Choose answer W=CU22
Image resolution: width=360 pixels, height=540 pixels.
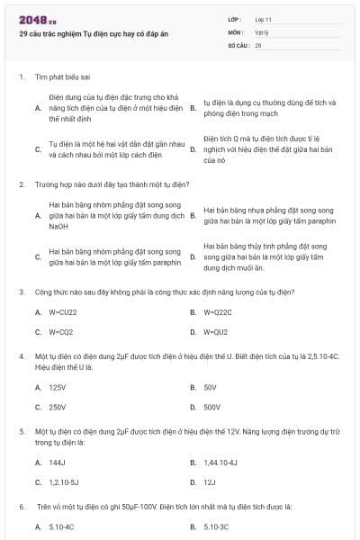[63, 311]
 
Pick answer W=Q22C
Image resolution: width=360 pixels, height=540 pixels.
[219, 311]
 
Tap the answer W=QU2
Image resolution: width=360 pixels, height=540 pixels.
[217, 331]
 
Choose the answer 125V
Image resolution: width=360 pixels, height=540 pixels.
[58, 387]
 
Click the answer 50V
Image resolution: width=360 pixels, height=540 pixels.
[211, 387]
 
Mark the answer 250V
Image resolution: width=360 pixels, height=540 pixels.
[58, 407]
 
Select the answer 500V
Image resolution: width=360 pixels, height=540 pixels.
[212, 407]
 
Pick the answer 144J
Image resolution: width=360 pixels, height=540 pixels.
[58, 463]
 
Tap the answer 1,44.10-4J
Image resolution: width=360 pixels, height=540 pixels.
[220, 463]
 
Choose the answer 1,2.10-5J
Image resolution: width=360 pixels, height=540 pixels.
[64, 482]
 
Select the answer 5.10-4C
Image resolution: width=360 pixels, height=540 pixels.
[61, 526]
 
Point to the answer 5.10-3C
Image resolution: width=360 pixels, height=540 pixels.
[216, 526]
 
